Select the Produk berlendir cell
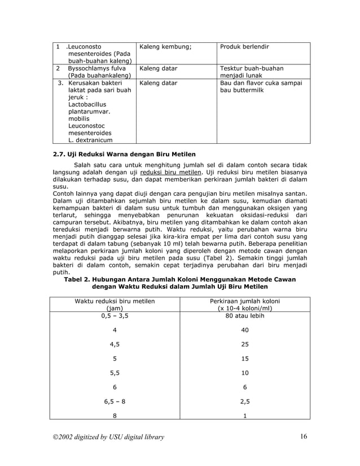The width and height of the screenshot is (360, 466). point(244,46)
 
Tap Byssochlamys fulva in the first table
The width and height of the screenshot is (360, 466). point(96,68)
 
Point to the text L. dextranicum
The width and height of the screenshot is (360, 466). point(90,140)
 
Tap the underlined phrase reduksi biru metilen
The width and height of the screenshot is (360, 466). point(171,172)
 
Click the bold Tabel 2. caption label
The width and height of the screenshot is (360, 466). point(82,279)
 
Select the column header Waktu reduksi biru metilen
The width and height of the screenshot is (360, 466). point(115,301)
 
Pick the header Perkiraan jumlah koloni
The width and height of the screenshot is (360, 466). point(244,301)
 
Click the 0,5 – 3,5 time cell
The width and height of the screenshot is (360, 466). point(115,316)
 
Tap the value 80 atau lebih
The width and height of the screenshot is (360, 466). point(244,316)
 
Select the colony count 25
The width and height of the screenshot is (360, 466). point(244,344)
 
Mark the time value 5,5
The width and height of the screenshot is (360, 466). point(115,373)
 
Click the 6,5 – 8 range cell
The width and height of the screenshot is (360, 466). point(115,402)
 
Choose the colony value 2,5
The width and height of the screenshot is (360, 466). point(244,402)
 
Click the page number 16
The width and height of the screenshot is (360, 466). point(305,436)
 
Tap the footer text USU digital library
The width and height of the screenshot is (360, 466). point(126,437)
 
